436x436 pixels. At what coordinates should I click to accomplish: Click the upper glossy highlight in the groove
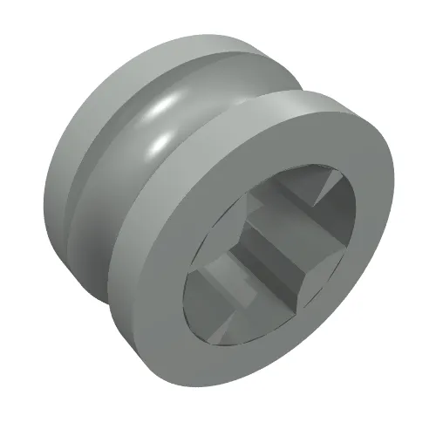(162, 108)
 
